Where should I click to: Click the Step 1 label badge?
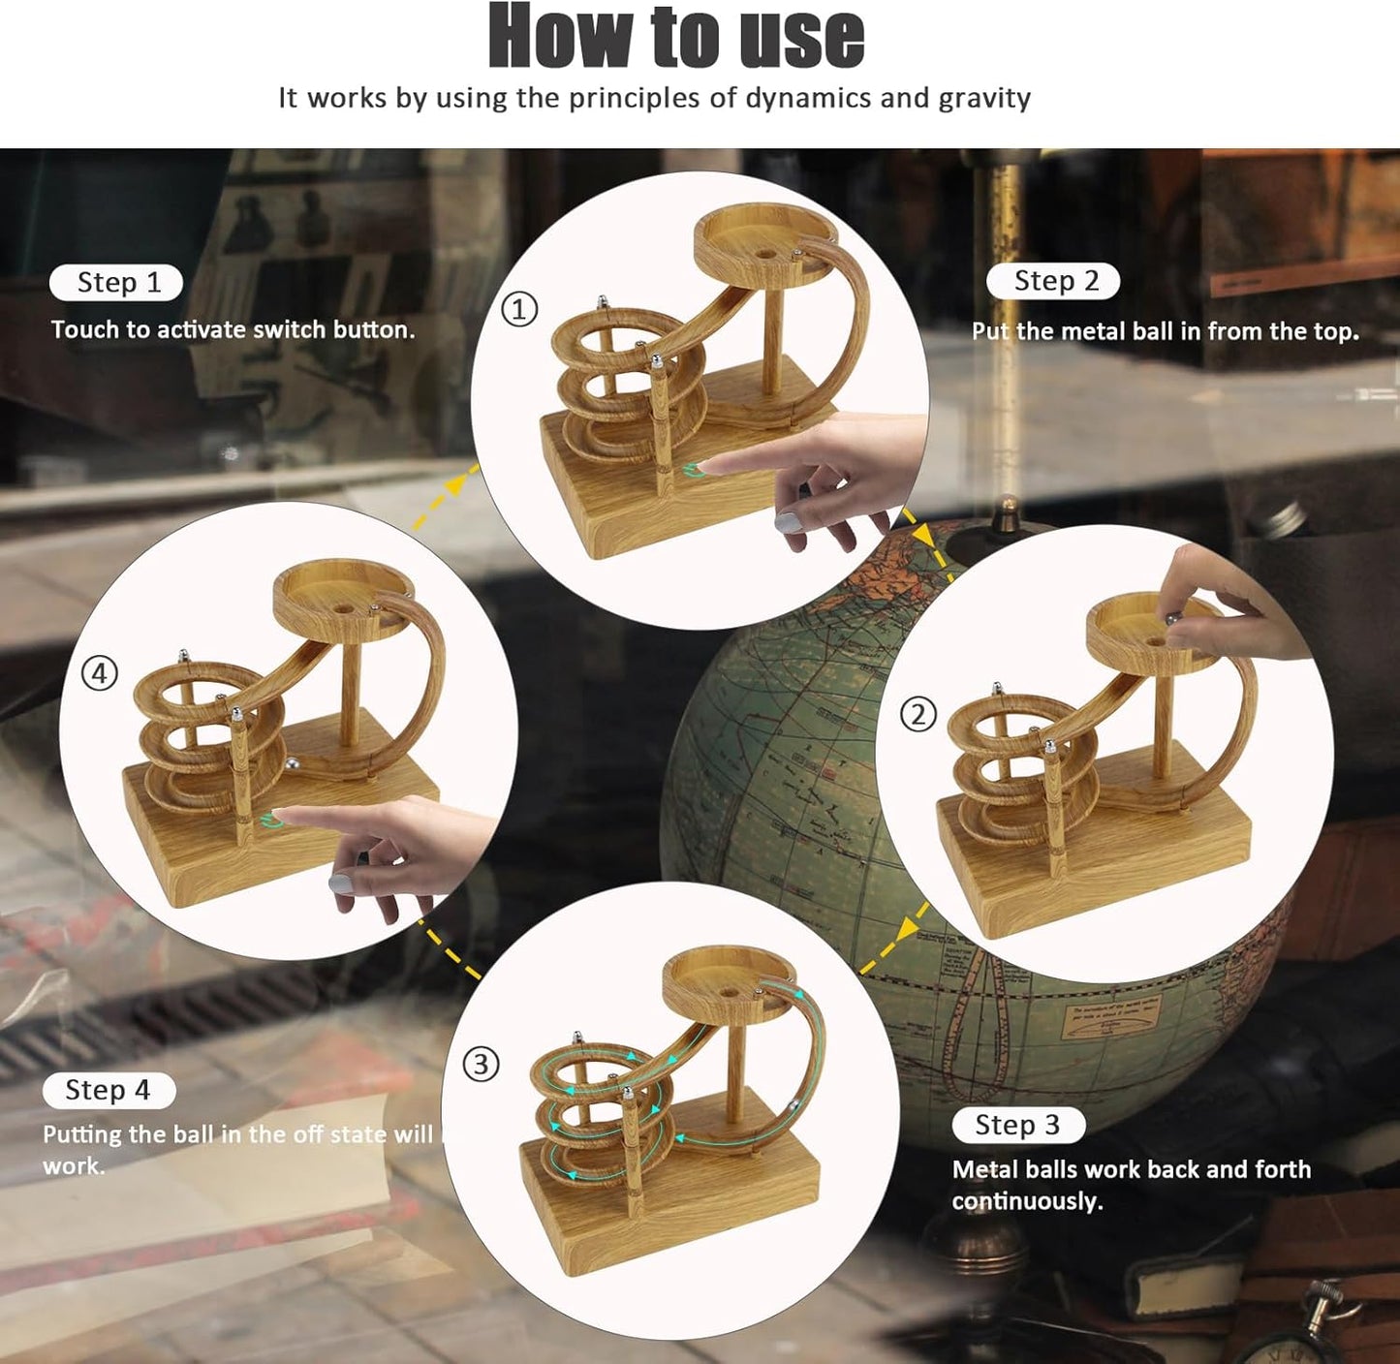[116, 283]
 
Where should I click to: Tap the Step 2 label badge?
[1054, 281]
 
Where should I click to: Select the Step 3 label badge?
[1017, 1125]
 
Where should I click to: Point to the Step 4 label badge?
[109, 1090]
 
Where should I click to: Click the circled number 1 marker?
[519, 310]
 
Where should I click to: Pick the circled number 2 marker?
[918, 715]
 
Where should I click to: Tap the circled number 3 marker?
[481, 1065]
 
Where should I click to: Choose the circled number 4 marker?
[99, 672]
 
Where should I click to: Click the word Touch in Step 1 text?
[85, 330]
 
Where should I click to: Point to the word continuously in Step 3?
[1027, 1201]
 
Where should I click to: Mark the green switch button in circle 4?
[273, 821]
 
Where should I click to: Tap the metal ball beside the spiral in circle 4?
[297, 764]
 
